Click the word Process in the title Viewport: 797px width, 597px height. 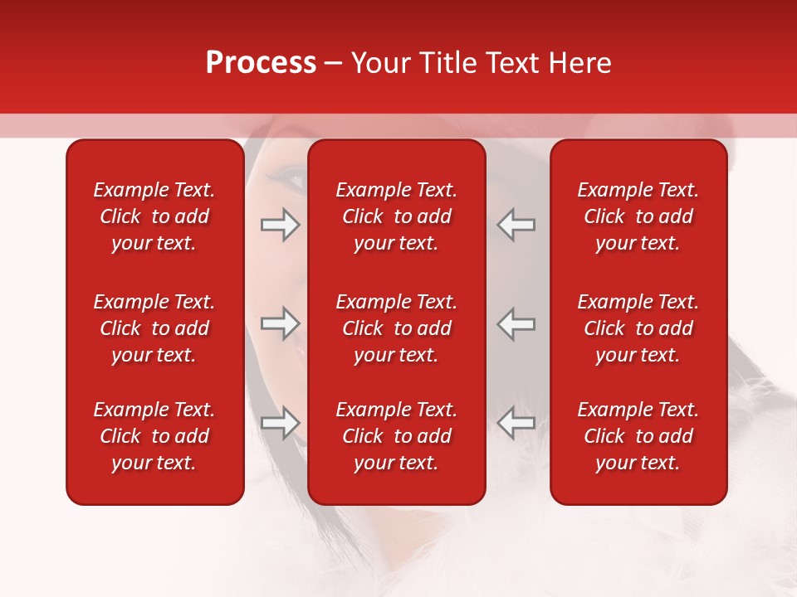pos(261,63)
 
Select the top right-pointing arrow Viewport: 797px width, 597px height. pos(280,225)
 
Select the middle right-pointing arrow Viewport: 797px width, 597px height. pos(280,323)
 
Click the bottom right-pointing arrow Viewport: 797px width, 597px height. pos(280,423)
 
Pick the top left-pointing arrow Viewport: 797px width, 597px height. pos(516,225)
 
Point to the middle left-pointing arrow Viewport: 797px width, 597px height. pos(516,323)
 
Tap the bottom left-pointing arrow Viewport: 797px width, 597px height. pos(516,423)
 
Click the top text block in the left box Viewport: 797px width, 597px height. pos(154,216)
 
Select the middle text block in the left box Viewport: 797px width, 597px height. pos(154,328)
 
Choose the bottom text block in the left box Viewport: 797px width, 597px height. pos(154,436)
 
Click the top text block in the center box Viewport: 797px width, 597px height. pos(396,216)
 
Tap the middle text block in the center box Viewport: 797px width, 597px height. pos(396,328)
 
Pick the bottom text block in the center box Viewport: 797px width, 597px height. pos(396,436)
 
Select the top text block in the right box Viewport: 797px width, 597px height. pos(638,216)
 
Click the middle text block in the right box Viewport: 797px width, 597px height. pos(638,328)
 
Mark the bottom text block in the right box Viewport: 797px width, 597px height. pos(638,436)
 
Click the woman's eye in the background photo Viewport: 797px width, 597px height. pos(292,175)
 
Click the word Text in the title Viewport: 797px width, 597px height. pos(515,63)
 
